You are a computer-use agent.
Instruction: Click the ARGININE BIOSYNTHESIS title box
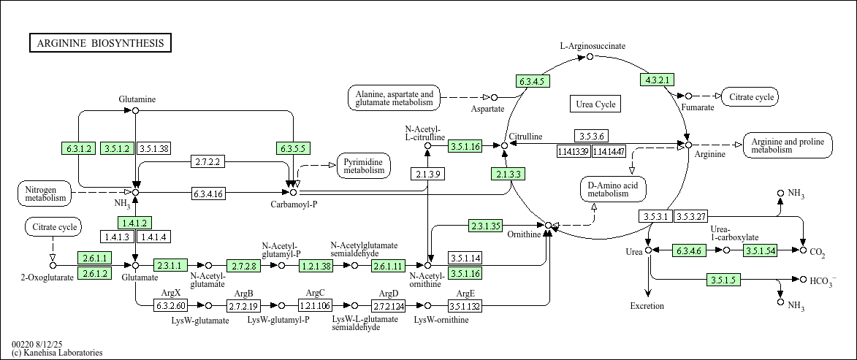[100, 43]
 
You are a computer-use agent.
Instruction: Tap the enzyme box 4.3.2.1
[657, 80]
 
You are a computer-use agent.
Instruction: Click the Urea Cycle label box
[595, 104]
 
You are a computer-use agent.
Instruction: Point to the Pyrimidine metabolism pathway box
[364, 166]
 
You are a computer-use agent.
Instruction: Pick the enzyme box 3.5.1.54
[761, 250]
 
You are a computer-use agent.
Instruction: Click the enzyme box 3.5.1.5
[725, 280]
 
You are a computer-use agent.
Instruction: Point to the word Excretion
[647, 306]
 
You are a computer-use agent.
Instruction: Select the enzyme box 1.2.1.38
[316, 266]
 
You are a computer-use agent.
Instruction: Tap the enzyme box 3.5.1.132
[465, 305]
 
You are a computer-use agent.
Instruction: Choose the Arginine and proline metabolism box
[787, 145]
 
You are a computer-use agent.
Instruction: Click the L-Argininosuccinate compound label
[593, 46]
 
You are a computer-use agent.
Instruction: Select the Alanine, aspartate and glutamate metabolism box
[394, 99]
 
